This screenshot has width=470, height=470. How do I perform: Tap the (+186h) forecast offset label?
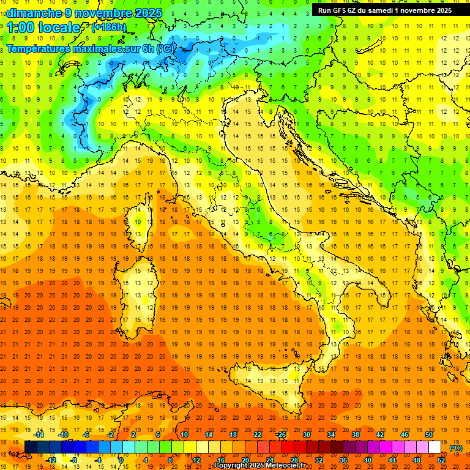pos(108,27)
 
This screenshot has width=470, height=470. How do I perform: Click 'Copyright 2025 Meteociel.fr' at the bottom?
pos(264,466)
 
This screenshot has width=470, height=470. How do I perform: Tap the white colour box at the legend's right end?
pos(435,447)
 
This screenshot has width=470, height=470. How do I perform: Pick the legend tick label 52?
pos(441,460)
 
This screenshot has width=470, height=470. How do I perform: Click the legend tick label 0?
pos(121,460)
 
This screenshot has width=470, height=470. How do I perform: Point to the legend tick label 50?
pos(428,435)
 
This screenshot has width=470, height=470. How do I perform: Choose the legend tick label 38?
pos(355,435)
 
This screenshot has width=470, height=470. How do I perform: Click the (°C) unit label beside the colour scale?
pos(456,448)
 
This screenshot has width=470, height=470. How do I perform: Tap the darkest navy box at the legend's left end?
pos(31,447)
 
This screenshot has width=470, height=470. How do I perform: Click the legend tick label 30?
pos(306,435)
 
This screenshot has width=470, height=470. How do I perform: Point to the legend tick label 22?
pos(257,435)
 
